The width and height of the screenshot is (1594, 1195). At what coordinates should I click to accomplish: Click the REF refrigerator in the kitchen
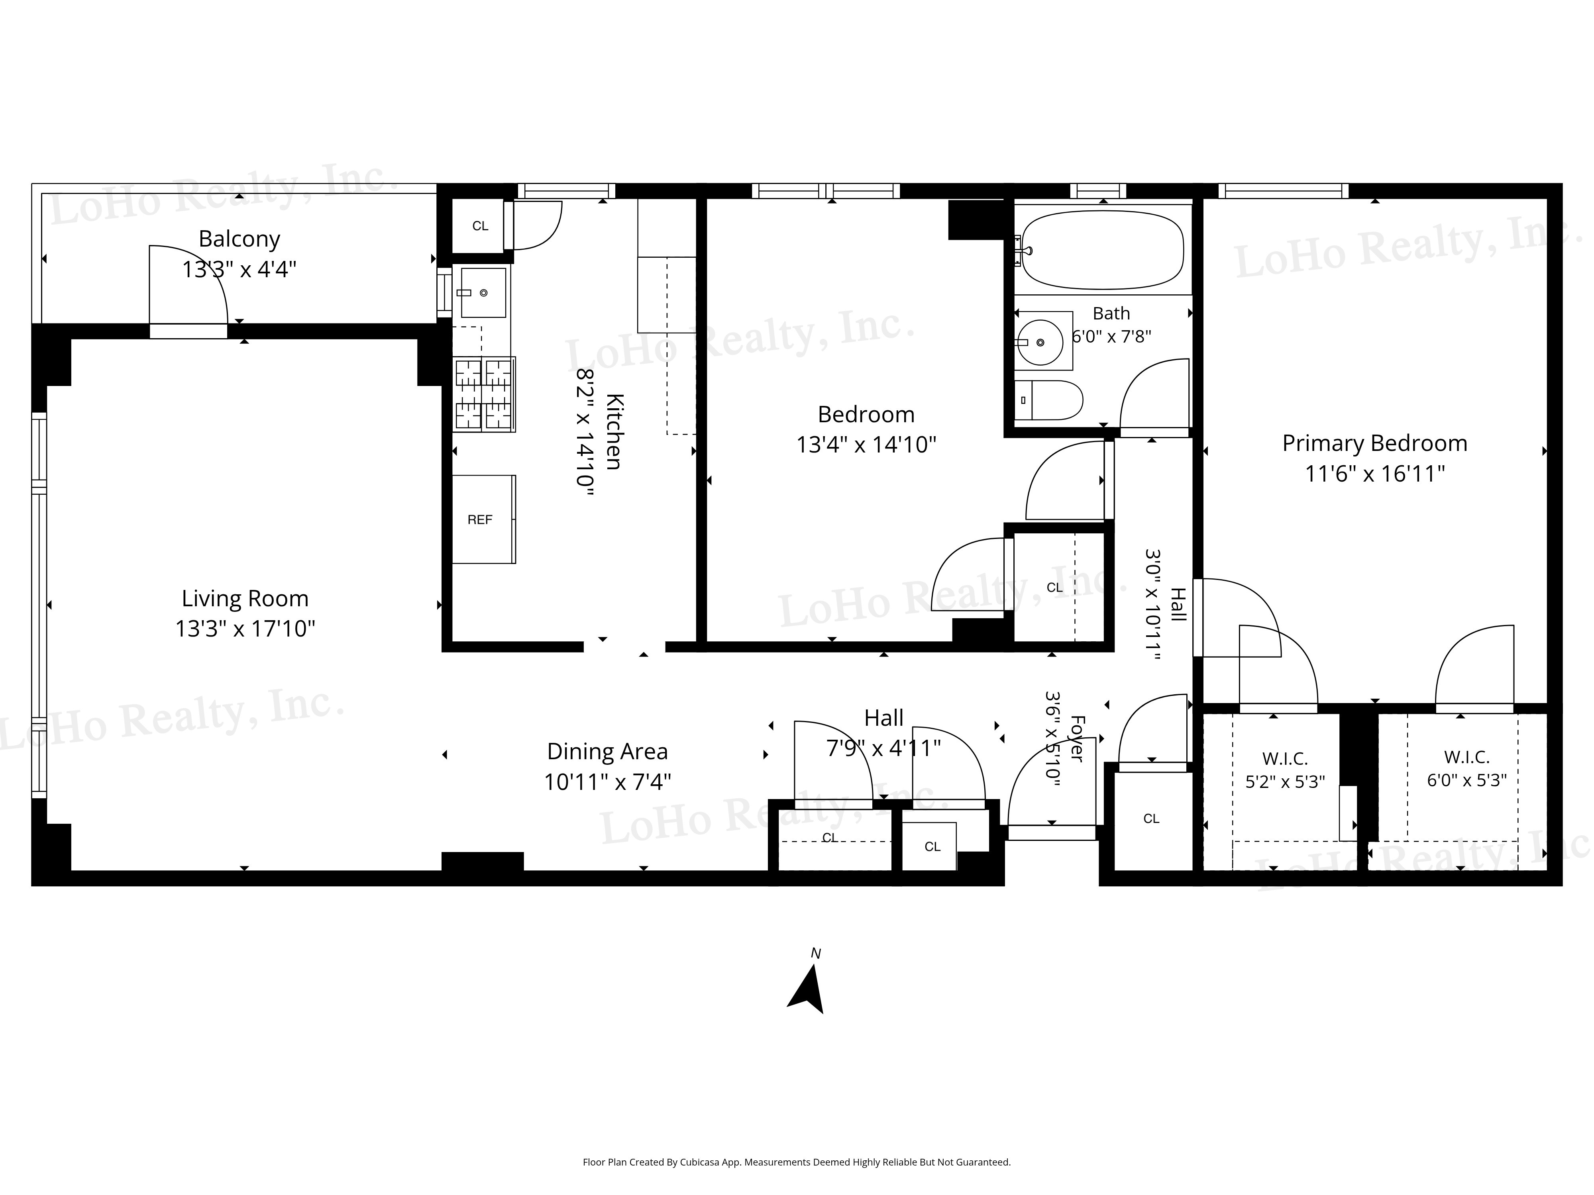483,519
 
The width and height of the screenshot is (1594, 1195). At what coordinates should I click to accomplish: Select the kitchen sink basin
483,292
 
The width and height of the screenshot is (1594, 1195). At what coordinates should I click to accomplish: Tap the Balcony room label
239,239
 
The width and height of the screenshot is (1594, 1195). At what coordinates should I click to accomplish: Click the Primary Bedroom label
1374,443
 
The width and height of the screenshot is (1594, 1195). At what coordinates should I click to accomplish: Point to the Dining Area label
607,751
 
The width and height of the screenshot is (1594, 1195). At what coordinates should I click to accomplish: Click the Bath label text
1111,313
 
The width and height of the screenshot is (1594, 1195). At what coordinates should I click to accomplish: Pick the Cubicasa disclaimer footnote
796,1162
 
